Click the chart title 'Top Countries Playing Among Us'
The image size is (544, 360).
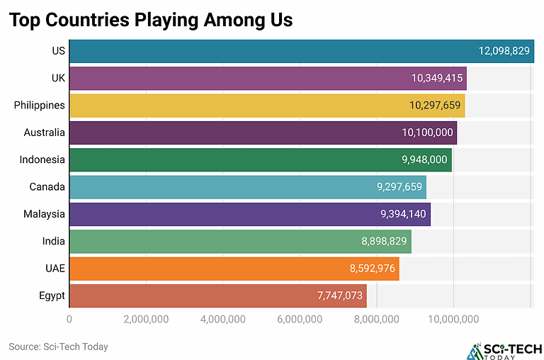click(150, 20)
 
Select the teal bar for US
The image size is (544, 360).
click(269, 51)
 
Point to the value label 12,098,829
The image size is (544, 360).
click(504, 51)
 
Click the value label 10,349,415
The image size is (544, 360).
click(437, 78)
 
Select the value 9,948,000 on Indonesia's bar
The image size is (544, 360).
click(424, 159)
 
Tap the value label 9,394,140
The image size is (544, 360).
click(404, 214)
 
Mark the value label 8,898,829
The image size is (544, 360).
click(384, 242)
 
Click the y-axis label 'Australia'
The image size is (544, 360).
click(44, 133)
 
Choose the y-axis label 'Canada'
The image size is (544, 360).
click(47, 187)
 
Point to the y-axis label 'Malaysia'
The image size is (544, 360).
click(44, 214)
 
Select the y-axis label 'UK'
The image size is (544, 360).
click(58, 78)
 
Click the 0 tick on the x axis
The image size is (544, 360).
click(69, 319)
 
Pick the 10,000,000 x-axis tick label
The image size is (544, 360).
click(453, 319)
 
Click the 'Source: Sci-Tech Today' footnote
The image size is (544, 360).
click(58, 347)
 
